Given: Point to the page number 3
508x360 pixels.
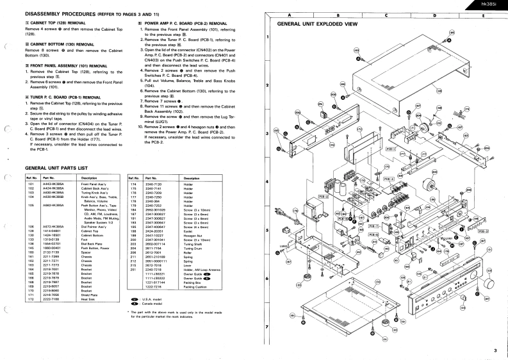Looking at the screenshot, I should pyautogui.click(x=495, y=350).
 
